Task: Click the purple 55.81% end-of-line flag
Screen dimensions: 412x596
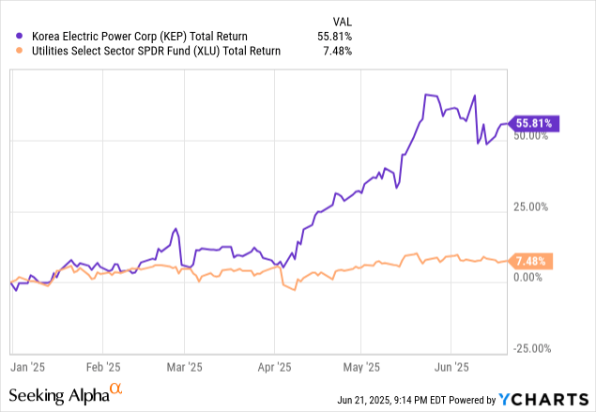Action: click(x=535, y=123)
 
